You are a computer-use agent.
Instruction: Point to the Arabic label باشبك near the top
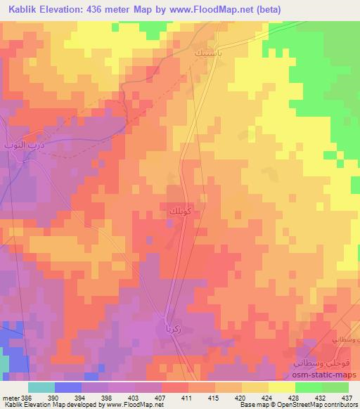tap(210, 52)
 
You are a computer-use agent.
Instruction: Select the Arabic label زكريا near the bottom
tap(176, 327)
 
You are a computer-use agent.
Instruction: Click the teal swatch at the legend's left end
tap(41, 388)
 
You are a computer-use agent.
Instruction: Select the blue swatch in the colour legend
tap(68, 388)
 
